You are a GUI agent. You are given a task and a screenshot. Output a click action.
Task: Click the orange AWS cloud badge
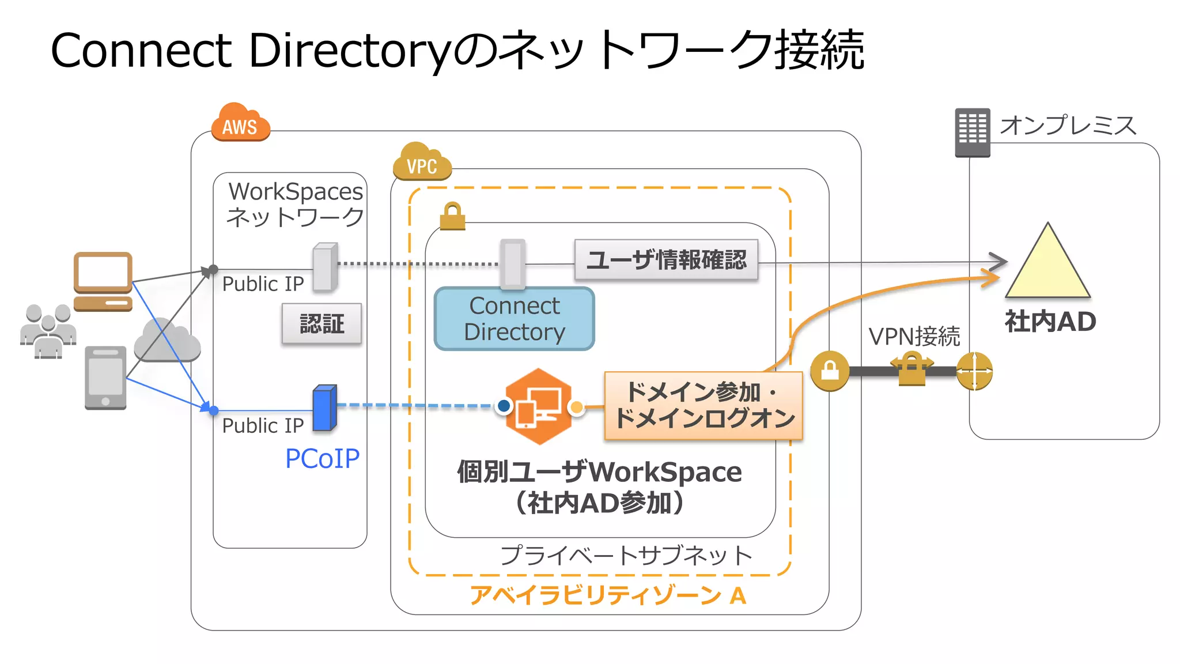point(240,123)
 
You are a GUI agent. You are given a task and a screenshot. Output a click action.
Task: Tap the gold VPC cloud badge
point(422,163)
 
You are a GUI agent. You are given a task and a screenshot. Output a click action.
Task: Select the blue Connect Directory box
point(514,319)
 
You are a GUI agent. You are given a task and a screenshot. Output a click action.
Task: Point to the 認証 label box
point(322,323)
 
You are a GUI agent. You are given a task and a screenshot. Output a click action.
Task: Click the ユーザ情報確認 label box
point(666,260)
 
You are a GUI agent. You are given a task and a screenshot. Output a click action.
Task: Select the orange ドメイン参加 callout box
point(704,405)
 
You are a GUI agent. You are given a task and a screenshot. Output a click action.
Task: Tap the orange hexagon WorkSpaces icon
point(539,406)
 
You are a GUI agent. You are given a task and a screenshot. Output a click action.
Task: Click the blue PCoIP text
point(322,459)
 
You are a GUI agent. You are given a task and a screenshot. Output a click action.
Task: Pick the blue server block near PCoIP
point(324,408)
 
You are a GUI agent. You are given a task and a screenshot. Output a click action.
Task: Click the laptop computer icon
point(103,281)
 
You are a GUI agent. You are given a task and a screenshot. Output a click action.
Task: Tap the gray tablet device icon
point(105,378)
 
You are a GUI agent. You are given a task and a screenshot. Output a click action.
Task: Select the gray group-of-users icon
point(48,331)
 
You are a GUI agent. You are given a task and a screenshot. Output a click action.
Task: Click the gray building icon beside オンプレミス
point(972,133)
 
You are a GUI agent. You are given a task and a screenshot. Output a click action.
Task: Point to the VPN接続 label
point(914,337)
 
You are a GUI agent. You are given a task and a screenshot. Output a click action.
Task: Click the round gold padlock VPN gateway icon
point(829,371)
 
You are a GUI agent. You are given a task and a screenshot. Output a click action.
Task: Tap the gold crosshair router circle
point(974,371)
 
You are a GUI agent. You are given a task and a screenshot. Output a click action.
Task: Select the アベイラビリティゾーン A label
point(608,595)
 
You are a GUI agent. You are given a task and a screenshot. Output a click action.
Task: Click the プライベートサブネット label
point(626,556)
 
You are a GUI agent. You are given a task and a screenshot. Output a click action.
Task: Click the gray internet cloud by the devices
point(167,341)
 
